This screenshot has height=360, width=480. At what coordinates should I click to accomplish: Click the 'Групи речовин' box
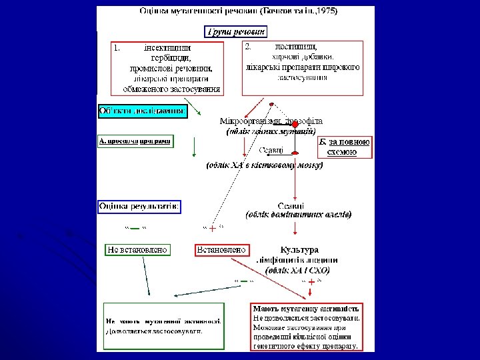click(235, 31)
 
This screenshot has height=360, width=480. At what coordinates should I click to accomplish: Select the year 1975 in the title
click(326, 11)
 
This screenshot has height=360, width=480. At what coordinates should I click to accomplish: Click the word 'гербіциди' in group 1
click(172, 57)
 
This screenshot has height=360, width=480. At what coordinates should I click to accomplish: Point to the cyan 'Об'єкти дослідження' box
click(142, 111)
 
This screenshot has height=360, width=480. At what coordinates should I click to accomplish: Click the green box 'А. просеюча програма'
click(135, 141)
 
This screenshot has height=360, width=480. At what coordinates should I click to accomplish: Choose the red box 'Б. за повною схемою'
click(343, 147)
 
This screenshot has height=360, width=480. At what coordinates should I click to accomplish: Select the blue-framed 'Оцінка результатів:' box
click(139, 206)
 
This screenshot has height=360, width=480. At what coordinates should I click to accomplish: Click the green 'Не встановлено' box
click(138, 250)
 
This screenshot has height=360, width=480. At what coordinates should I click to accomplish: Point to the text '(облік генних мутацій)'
click(266, 131)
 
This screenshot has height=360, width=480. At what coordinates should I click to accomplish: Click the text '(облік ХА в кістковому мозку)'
click(264, 165)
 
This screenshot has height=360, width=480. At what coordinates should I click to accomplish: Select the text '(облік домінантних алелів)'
click(298, 215)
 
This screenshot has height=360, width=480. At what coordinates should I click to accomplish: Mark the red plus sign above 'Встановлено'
click(212, 229)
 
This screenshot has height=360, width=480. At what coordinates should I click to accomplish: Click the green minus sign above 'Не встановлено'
click(135, 229)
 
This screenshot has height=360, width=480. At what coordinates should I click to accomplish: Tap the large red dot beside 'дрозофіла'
click(294, 124)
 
